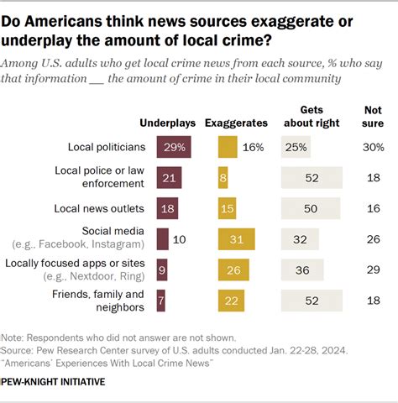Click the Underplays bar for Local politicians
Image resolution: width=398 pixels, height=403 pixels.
click(174, 147)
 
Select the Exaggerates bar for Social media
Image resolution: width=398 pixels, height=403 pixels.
click(236, 238)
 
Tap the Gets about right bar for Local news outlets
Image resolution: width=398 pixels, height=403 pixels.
click(309, 207)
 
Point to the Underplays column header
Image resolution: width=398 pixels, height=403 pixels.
click(175, 121)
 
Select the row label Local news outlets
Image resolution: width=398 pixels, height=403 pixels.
click(105, 207)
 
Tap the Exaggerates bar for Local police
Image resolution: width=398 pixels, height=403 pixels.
click(223, 177)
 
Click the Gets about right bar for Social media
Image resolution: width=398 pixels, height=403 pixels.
click(299, 238)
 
